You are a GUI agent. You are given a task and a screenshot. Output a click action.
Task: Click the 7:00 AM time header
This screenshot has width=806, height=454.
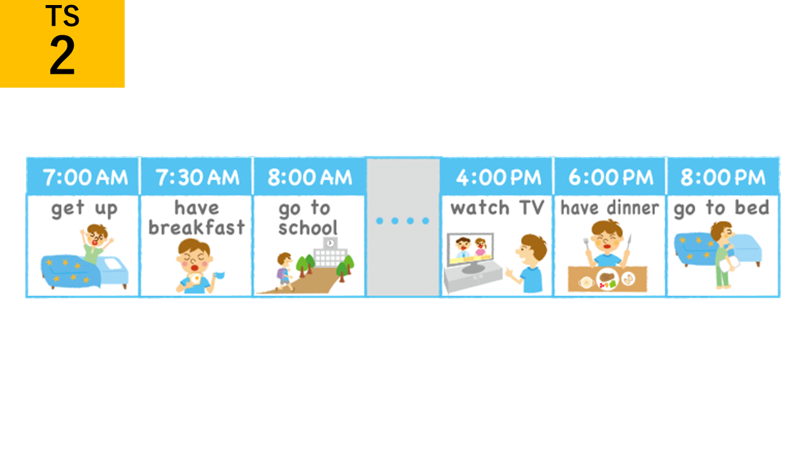point(85,177)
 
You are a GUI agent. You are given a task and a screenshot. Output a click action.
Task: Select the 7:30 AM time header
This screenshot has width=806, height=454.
point(197,177)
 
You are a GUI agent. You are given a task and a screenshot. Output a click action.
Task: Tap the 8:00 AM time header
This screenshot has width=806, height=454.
point(310,177)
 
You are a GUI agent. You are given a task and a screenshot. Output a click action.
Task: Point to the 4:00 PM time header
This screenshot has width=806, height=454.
point(498,177)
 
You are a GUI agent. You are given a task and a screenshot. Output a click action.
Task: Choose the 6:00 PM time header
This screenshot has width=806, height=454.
point(611,177)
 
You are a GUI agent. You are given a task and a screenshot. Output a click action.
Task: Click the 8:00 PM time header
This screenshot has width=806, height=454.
point(723,177)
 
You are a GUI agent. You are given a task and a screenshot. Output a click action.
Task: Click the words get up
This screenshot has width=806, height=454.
point(84,209)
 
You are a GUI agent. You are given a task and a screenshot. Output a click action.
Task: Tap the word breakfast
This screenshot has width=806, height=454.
point(196,228)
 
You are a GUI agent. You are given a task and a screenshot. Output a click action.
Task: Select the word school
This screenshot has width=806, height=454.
point(308,228)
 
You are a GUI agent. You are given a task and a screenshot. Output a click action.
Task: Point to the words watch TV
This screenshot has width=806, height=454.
point(497,207)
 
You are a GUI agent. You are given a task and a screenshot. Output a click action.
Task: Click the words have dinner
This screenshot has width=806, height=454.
point(610,208)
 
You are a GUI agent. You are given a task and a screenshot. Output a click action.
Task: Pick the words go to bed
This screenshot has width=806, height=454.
point(722,209)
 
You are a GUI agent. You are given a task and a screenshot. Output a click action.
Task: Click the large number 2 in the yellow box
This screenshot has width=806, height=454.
point(62,55)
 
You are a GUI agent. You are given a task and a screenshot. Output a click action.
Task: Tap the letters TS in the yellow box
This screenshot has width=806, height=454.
point(62,16)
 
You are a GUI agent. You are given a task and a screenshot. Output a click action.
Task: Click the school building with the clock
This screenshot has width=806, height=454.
point(331,252)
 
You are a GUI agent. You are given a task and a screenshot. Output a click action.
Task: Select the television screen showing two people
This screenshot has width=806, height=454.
point(470,249)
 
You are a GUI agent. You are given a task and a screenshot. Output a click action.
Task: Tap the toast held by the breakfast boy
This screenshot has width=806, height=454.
point(195,279)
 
